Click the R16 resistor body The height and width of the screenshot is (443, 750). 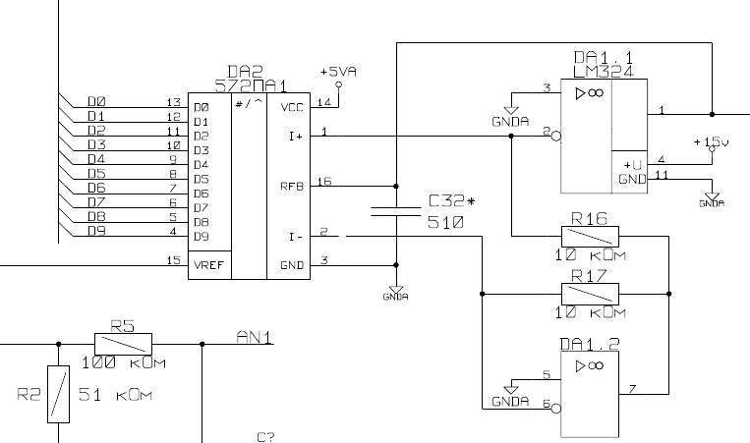tap(590, 236)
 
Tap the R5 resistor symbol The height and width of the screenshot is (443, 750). tap(123, 344)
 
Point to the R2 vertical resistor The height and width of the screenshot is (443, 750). tap(60, 394)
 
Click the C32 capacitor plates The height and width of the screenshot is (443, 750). tap(396, 209)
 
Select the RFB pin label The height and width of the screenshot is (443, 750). tap(292, 185)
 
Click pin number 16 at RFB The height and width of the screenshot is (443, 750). tap(325, 181)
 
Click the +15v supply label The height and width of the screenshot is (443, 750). tap(712, 142)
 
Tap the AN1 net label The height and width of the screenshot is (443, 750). tap(255, 338)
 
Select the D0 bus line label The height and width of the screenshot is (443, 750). tap(96, 101)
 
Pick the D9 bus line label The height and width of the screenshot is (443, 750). tap(96, 232)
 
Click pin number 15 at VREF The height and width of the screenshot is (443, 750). tap(173, 259)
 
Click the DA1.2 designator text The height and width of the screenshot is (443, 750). tap(588, 346)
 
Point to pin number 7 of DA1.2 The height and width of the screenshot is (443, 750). tap(631, 390)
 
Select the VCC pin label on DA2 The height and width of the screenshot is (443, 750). tap(292, 107)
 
